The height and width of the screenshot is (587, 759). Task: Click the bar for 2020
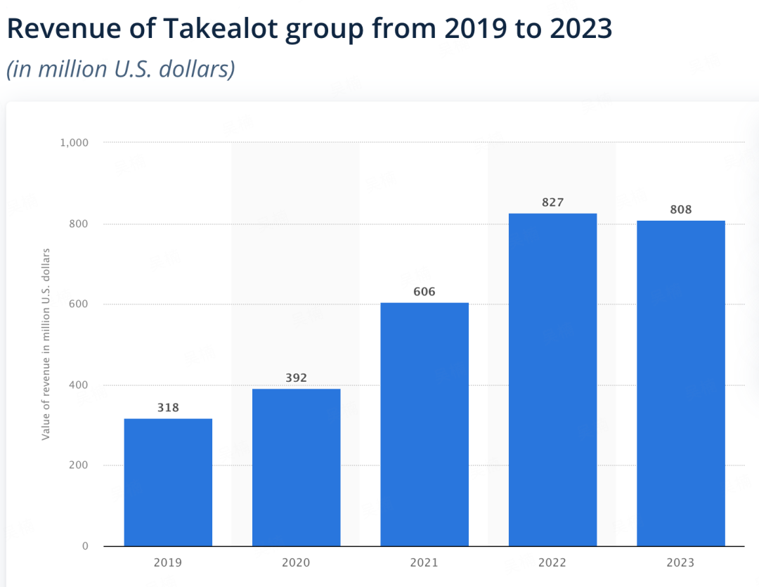pyautogui.click(x=296, y=467)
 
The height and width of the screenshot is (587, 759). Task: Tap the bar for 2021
pyautogui.click(x=424, y=425)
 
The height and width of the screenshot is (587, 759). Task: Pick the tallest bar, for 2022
pyautogui.click(x=552, y=380)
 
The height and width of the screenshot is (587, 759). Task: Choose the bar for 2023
pyautogui.click(x=680, y=384)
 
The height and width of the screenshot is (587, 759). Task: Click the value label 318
pyautogui.click(x=168, y=408)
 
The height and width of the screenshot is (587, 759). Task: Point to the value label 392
pyautogui.click(x=296, y=378)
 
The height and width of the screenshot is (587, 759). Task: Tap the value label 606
pyautogui.click(x=424, y=292)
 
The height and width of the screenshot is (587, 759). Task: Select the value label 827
pyautogui.click(x=552, y=202)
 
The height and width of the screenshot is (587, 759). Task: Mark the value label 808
pyautogui.click(x=680, y=209)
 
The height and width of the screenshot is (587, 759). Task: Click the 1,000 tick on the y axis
pyautogui.click(x=74, y=143)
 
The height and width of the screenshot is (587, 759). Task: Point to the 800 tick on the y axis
pyautogui.click(x=79, y=224)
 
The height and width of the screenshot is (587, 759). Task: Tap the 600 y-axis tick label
pyautogui.click(x=79, y=304)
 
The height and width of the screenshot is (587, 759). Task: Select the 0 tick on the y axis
pyautogui.click(x=84, y=546)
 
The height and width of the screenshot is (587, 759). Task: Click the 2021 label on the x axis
pyautogui.click(x=424, y=563)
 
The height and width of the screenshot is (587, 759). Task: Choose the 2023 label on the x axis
pyautogui.click(x=680, y=563)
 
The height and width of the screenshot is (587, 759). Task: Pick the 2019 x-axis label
pyautogui.click(x=168, y=563)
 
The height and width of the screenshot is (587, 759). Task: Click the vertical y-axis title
pyautogui.click(x=46, y=344)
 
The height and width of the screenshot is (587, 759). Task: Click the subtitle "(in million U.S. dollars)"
pyautogui.click(x=120, y=70)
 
